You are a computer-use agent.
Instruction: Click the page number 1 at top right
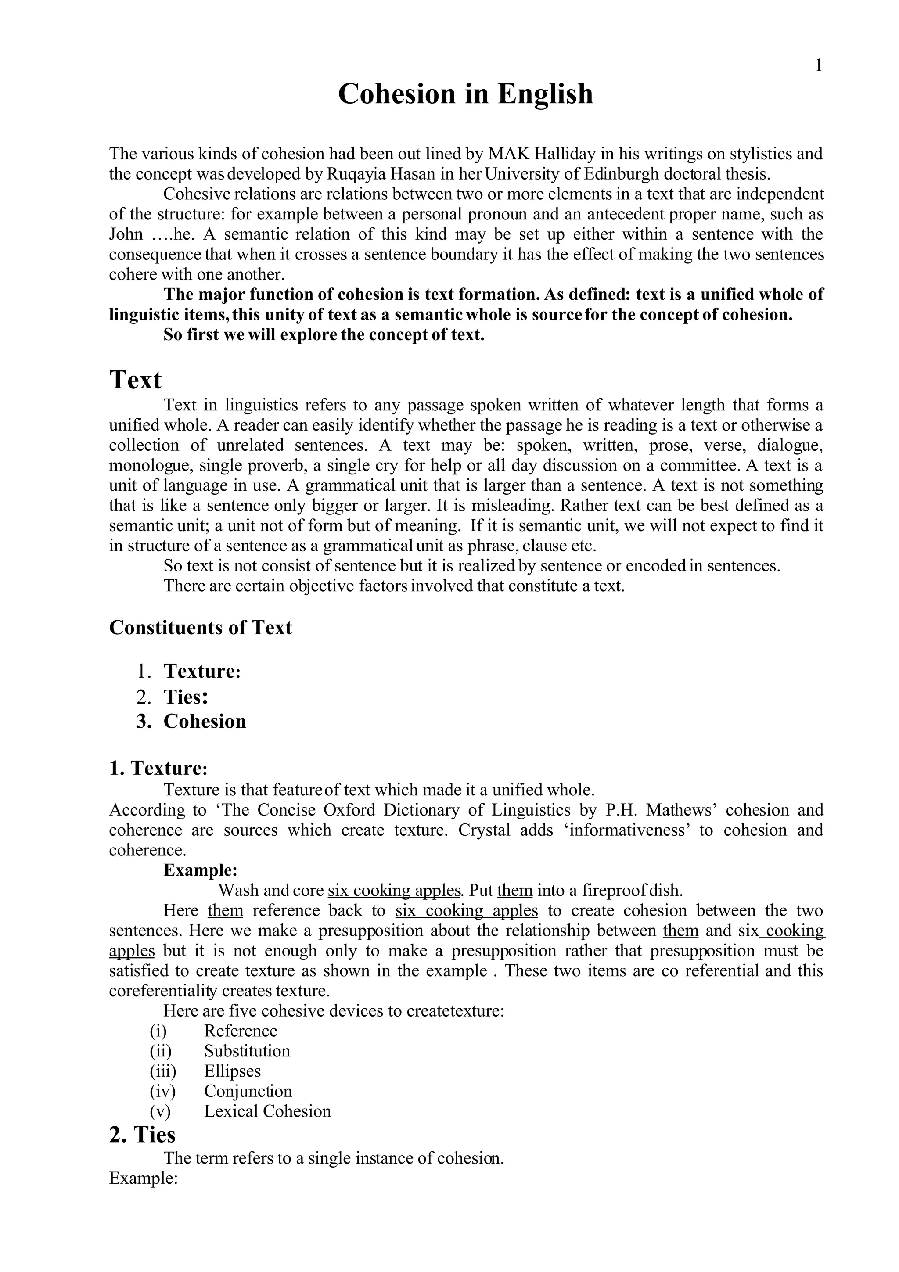819,66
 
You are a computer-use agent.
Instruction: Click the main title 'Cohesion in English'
465,93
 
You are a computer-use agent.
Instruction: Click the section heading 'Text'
135,380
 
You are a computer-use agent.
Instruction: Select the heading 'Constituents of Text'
200,627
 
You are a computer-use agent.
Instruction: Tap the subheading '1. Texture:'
158,768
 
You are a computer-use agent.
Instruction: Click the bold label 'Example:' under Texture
201,870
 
